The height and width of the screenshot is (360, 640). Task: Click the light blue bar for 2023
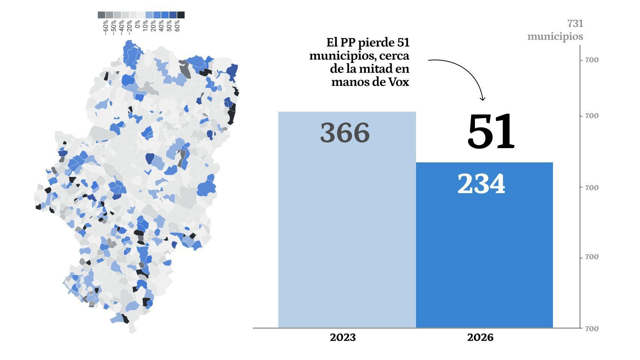tap(347, 225)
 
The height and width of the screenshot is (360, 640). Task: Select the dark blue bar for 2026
tap(484, 255)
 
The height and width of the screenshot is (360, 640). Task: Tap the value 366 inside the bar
tap(345, 133)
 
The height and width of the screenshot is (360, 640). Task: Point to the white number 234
tap(481, 184)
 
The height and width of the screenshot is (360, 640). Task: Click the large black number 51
tap(491, 131)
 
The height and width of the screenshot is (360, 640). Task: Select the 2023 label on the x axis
tap(343, 337)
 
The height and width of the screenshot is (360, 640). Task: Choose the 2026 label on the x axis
tap(480, 337)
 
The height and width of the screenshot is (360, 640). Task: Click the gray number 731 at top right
tap(575, 24)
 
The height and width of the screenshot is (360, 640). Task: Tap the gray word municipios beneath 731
tap(555, 36)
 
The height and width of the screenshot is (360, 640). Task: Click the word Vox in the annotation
tap(398, 82)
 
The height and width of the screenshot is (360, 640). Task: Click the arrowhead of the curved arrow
tap(483, 99)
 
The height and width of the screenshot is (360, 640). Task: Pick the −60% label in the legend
tap(105, 27)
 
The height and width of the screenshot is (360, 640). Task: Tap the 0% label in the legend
tap(137, 25)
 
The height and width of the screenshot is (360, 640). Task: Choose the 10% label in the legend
tap(145, 26)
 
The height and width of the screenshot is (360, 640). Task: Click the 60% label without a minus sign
tap(177, 26)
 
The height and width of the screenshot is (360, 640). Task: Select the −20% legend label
tap(129, 27)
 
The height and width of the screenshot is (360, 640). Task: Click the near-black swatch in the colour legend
tap(181, 15)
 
